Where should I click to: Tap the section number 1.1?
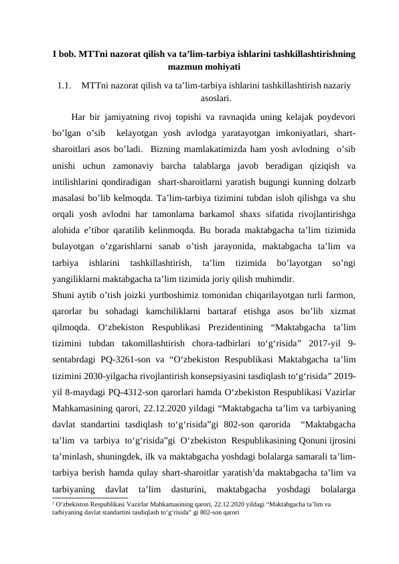point(65,85)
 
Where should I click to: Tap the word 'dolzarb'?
point(339,180)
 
